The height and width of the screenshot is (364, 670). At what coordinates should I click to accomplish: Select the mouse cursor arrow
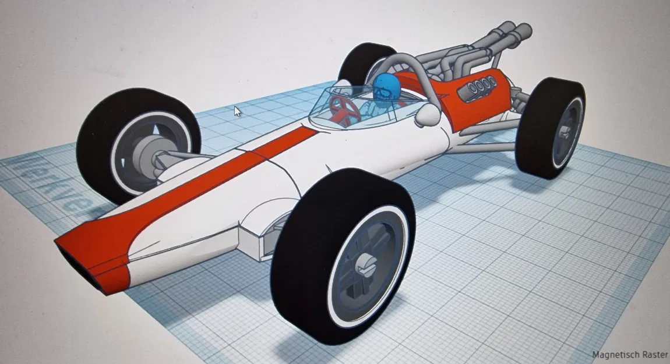[237, 111]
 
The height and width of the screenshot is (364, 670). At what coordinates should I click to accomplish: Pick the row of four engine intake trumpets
[477, 87]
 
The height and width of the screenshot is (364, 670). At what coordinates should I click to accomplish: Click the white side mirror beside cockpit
[426, 116]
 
